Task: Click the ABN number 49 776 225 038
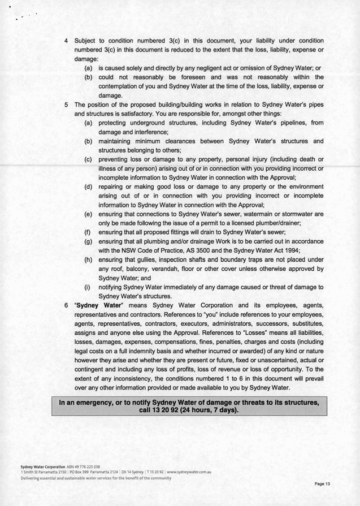[x=84, y=466]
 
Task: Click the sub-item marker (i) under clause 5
[x=88, y=287]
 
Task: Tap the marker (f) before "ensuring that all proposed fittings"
[x=88, y=232]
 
